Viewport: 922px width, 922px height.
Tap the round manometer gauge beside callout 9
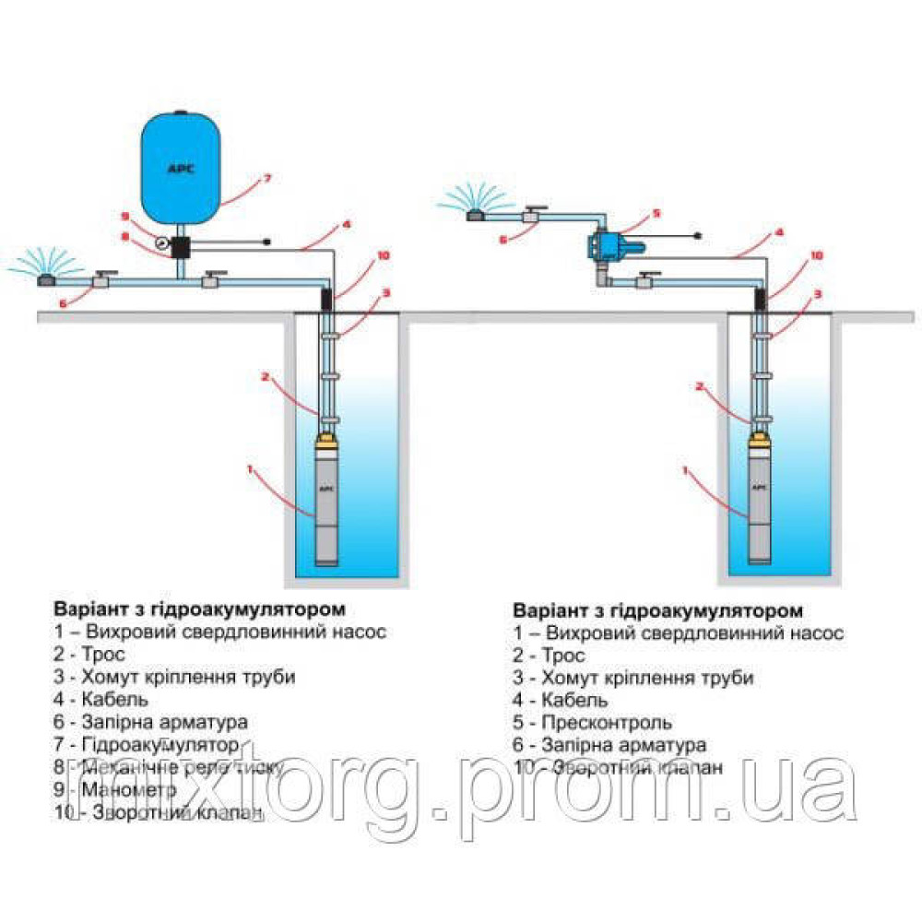163,244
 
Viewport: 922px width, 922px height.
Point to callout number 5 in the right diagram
656,213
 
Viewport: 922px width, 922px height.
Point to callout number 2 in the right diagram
699,387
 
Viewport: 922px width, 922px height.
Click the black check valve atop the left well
326,298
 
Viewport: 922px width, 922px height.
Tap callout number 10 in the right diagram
816,254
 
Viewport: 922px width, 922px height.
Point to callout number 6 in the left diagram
62,301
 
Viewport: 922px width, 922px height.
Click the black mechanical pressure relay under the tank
181,246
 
